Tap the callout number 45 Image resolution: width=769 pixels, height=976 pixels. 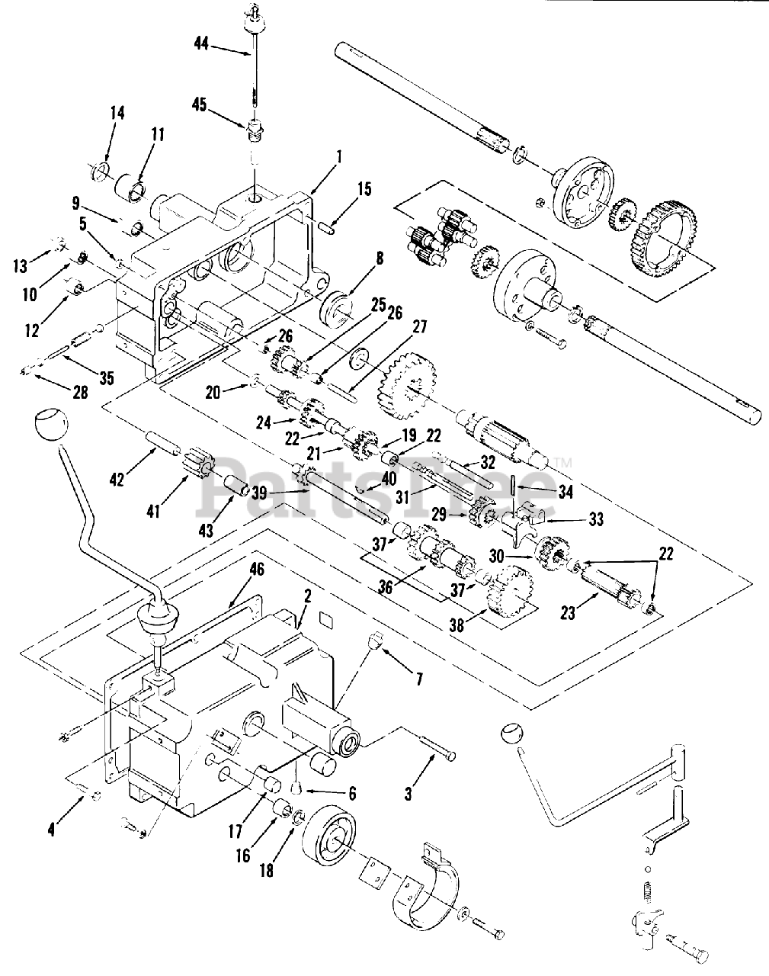pos(200,104)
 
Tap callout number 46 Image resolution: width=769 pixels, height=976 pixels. pos(256,568)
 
